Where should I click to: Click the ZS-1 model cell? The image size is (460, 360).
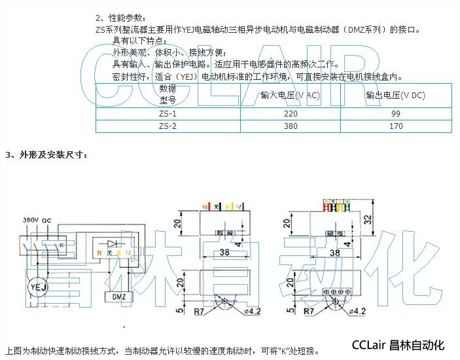[x=168, y=114]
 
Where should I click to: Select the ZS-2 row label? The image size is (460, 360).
[x=168, y=126]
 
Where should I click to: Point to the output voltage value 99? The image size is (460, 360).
[x=395, y=114]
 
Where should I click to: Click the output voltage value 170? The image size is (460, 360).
[x=395, y=126]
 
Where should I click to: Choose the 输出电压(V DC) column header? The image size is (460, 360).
[x=395, y=96]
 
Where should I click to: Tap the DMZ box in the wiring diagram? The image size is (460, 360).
[x=117, y=297]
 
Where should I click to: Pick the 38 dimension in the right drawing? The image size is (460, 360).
[x=336, y=251]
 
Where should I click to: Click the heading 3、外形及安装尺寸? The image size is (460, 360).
[x=45, y=155]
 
